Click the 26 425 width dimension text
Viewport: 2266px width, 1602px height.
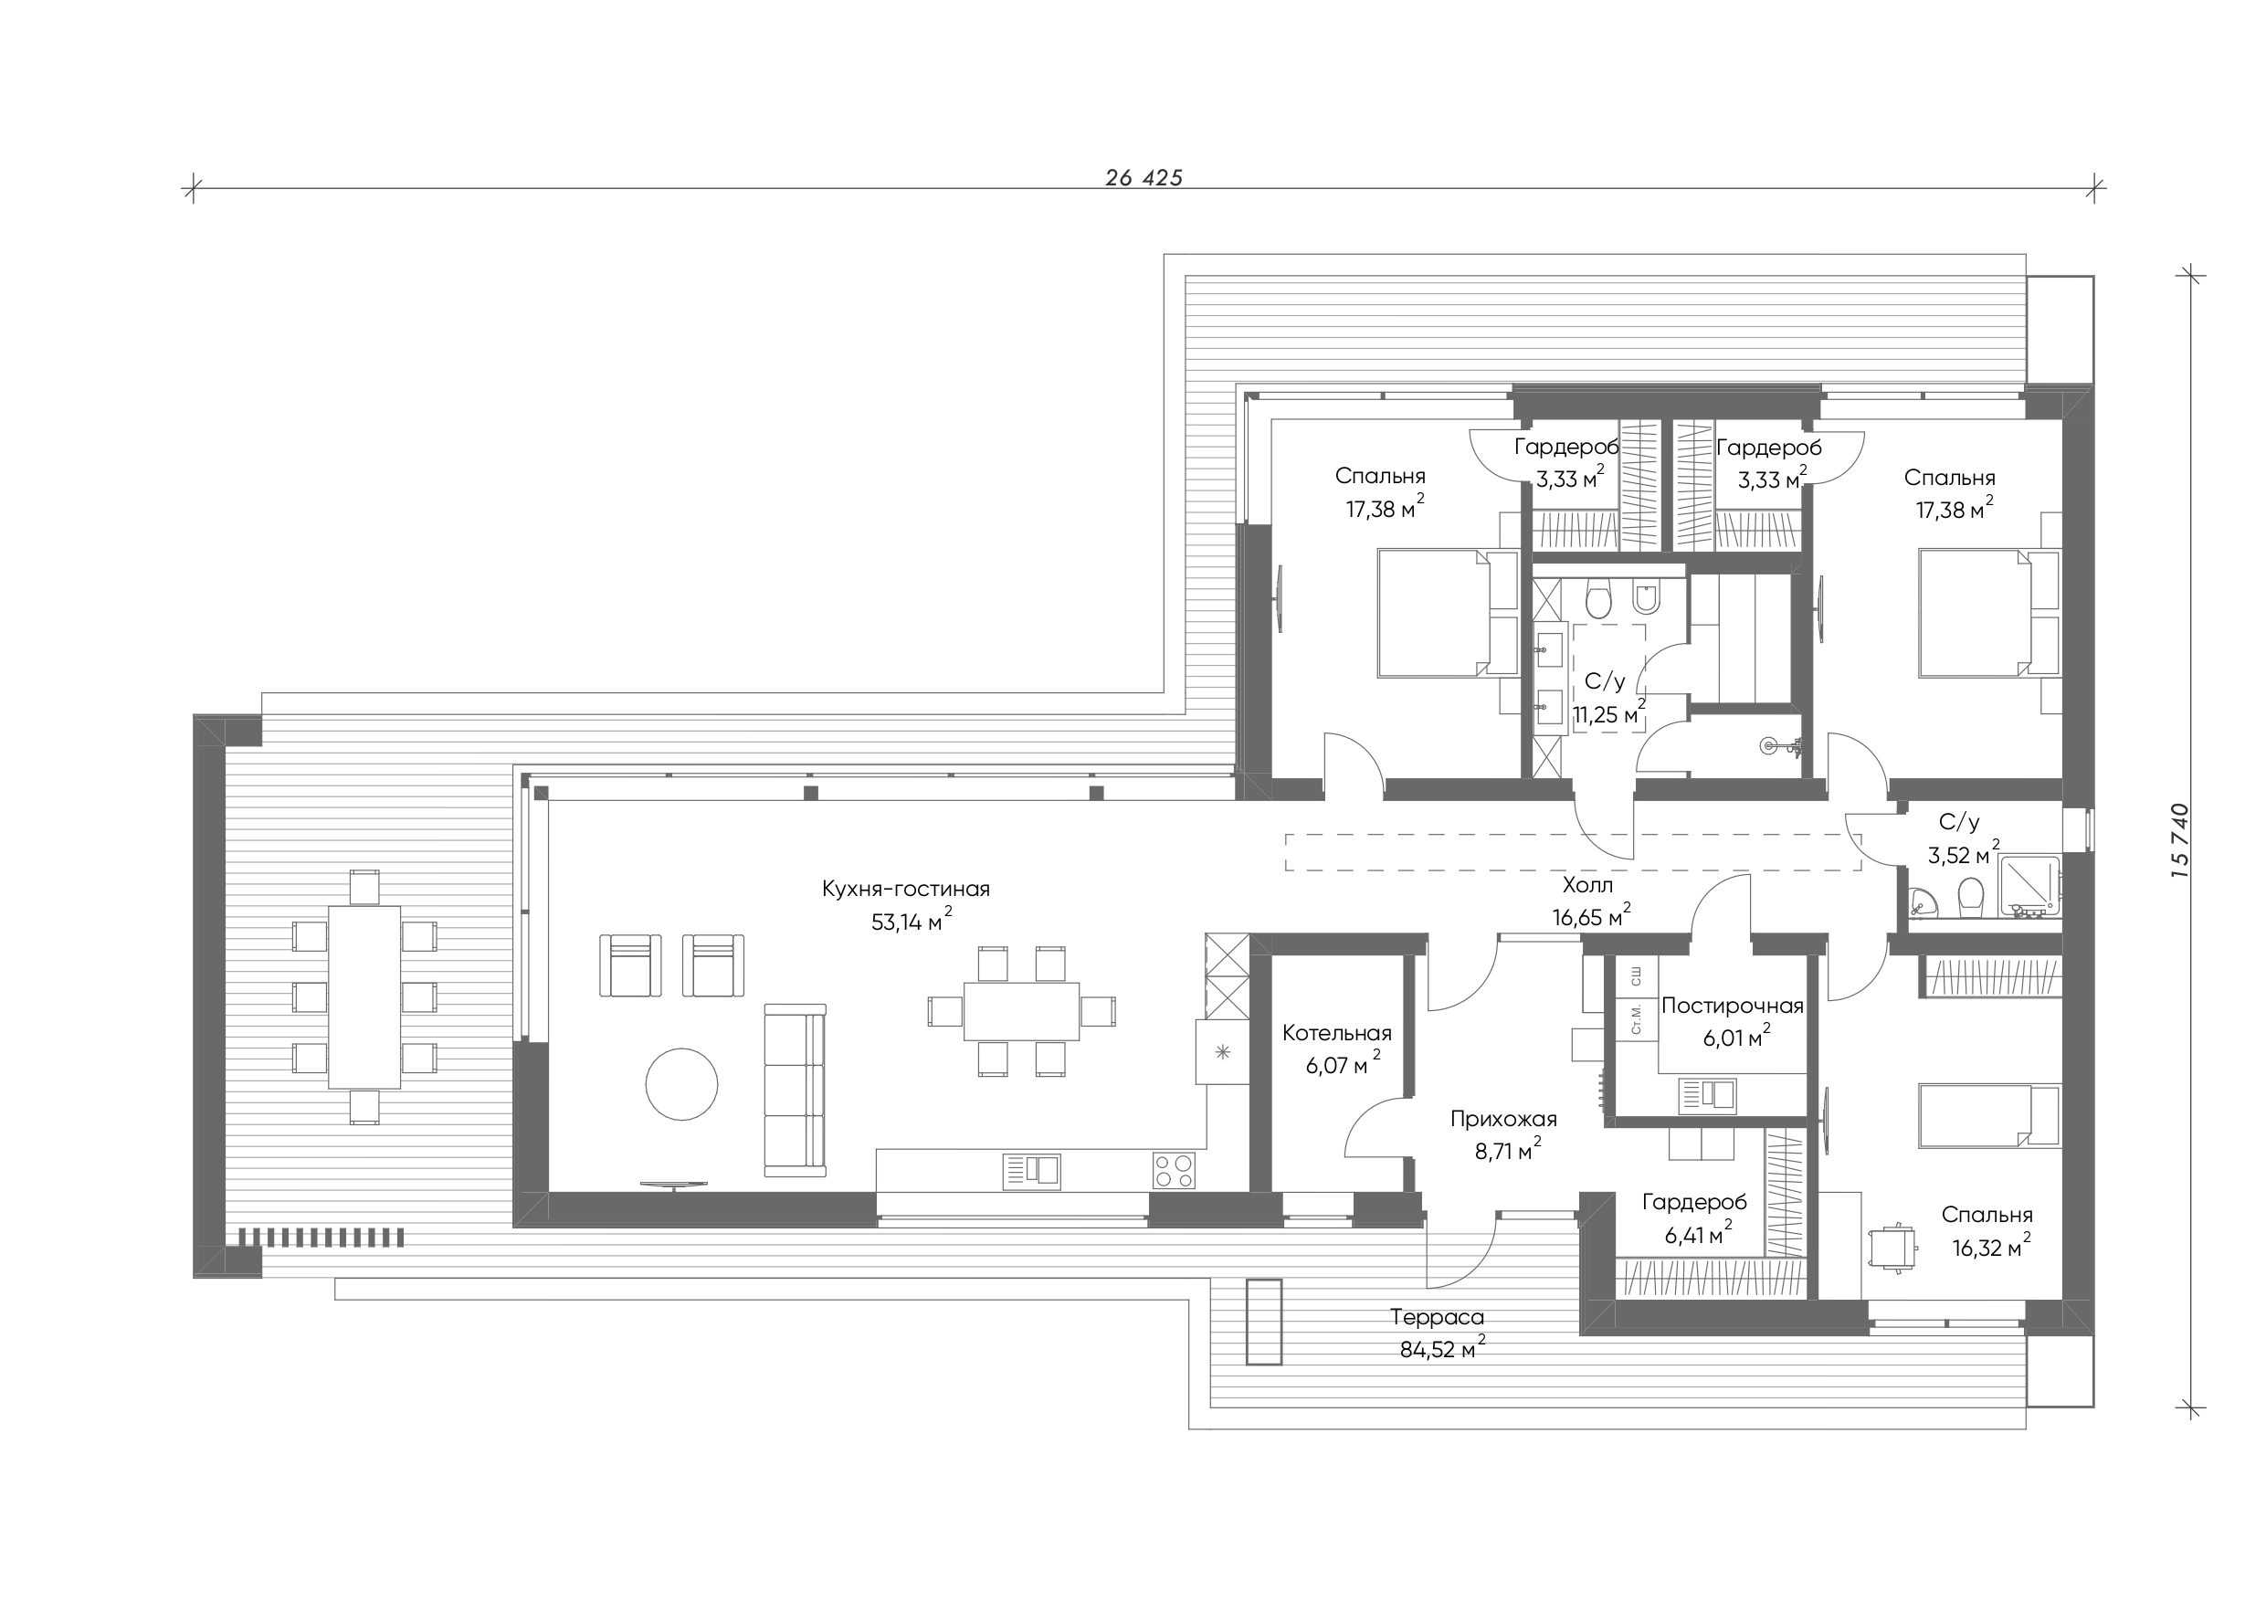(1144, 178)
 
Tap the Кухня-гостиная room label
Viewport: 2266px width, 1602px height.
(906, 890)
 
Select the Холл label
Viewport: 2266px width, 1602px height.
(1588, 885)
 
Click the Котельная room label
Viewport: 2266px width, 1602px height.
(1337, 1034)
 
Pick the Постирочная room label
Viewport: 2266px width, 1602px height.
(1733, 1006)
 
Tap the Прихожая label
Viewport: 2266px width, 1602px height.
(1504, 1120)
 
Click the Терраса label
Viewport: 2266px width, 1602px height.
(1437, 1317)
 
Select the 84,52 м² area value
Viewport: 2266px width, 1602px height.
(1443, 1348)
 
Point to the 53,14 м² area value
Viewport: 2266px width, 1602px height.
(912, 921)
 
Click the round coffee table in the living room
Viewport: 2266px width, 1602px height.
(682, 1084)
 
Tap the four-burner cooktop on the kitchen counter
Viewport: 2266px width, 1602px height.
(1174, 1171)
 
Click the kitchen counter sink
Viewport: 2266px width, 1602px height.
(1032, 1171)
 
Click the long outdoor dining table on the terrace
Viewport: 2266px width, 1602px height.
(365, 996)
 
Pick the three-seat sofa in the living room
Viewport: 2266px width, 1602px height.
(796, 1090)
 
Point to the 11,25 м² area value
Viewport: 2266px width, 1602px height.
(1609, 713)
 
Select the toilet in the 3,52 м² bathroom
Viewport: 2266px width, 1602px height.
(1971, 897)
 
